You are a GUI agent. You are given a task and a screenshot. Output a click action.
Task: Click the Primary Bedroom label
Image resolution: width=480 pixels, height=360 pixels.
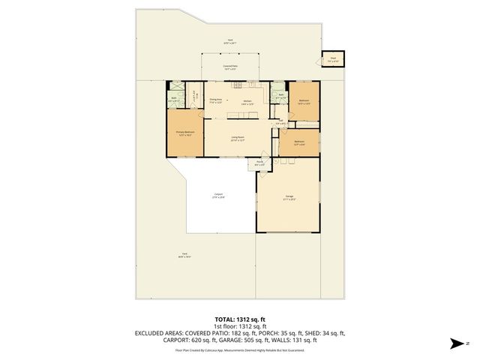(x=184, y=133)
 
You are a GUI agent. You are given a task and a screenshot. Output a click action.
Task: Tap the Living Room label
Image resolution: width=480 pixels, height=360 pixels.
(x=238, y=137)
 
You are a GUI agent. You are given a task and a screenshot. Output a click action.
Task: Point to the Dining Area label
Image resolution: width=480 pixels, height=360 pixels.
(x=216, y=100)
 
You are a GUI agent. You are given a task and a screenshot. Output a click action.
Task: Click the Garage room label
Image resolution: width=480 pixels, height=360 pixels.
(x=289, y=199)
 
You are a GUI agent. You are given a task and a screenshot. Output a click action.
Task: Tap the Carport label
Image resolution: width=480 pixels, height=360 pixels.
(x=217, y=195)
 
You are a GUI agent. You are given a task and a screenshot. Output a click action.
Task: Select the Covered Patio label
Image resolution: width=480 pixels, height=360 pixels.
(x=229, y=67)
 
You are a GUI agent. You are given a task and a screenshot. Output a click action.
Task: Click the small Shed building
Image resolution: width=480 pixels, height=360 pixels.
(x=331, y=59)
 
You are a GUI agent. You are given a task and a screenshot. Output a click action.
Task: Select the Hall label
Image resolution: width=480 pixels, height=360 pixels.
(x=279, y=124)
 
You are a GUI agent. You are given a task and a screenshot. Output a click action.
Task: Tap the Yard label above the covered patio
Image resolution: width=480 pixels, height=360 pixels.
(x=229, y=41)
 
